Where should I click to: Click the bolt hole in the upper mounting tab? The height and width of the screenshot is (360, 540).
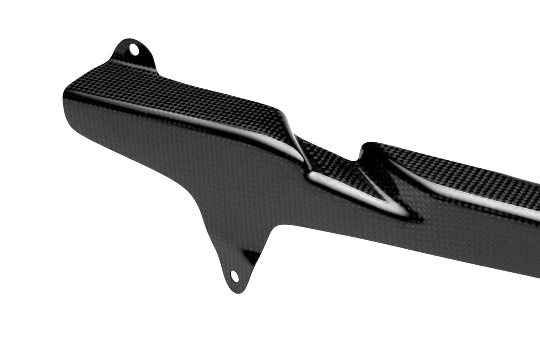pos(133,49)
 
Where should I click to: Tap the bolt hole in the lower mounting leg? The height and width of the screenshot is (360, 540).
pos(234,276)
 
